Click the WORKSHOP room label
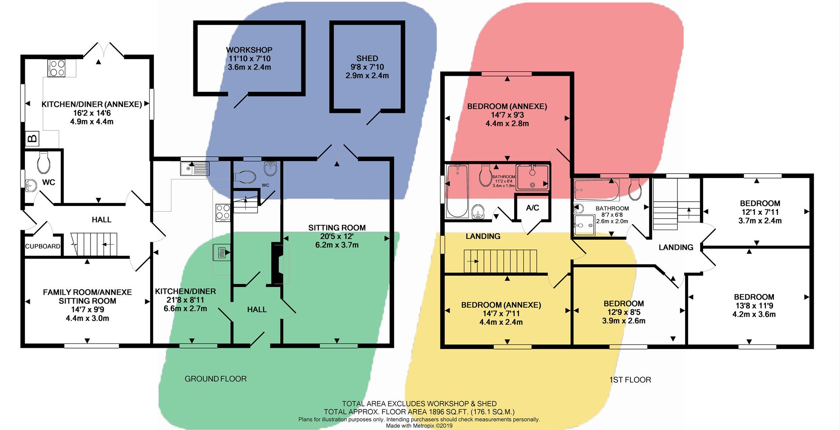(x=249, y=50)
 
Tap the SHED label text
(x=367, y=58)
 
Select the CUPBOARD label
(x=42, y=246)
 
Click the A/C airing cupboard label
(x=532, y=208)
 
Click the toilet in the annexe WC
(x=44, y=162)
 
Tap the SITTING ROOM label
(x=336, y=227)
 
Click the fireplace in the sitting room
(x=277, y=264)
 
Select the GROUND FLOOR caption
(x=215, y=379)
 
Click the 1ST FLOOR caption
(x=630, y=380)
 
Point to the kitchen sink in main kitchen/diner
(x=195, y=167)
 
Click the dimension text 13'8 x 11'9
(x=754, y=306)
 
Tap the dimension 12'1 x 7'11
(x=759, y=212)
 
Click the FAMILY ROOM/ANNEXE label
(x=87, y=292)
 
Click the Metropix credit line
(x=419, y=425)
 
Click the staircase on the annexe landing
(x=500, y=261)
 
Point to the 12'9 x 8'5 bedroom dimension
(x=623, y=312)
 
